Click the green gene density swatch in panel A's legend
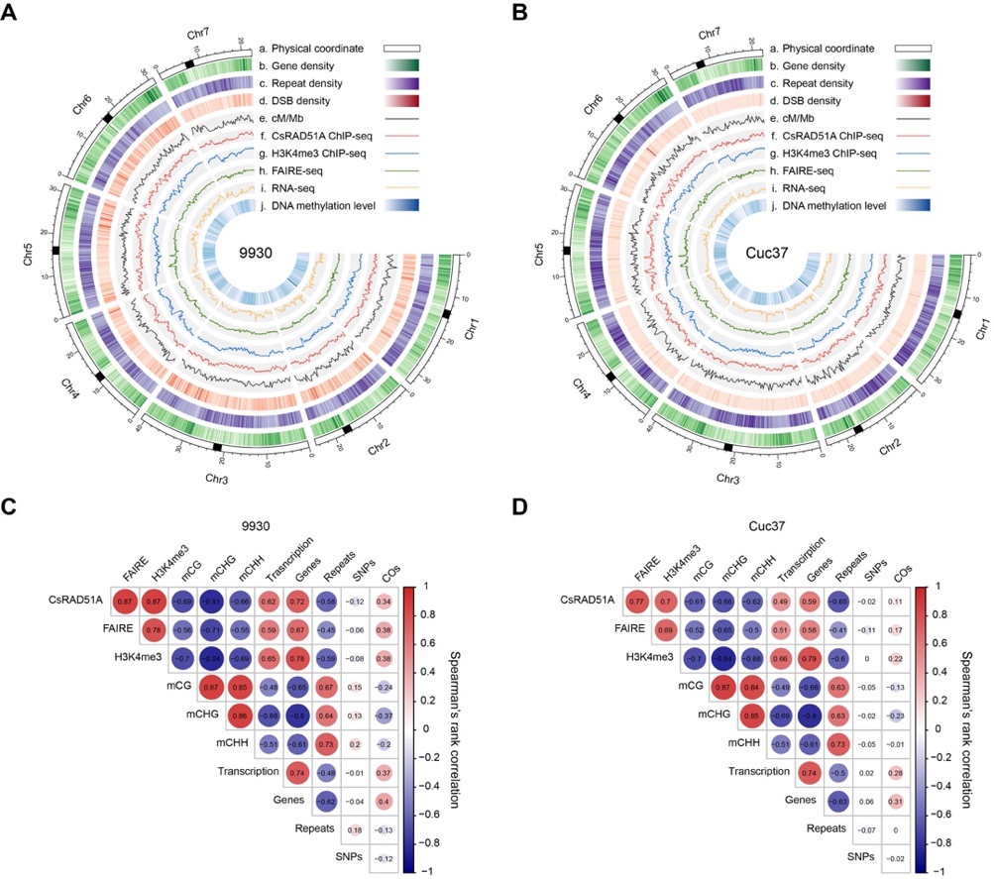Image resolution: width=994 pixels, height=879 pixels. [399, 66]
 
